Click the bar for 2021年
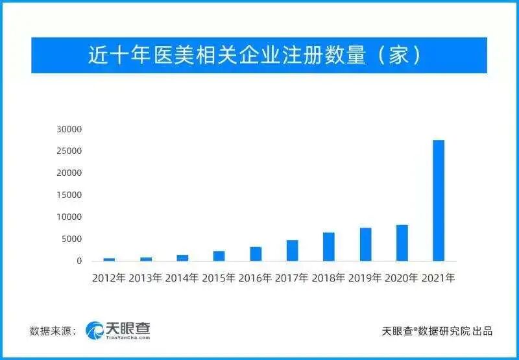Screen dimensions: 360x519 click(x=439, y=200)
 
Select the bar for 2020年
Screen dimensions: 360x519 click(x=402, y=243)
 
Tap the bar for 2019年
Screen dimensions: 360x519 click(x=366, y=245)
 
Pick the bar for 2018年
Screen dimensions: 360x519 click(x=329, y=246)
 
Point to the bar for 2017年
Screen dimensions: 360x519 click(x=293, y=250)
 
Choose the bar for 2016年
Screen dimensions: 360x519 click(x=256, y=254)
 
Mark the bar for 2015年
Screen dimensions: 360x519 click(x=219, y=256)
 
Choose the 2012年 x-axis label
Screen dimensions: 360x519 click(x=109, y=278)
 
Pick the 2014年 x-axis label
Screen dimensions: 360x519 click(x=182, y=278)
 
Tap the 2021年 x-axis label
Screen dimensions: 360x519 click(x=439, y=278)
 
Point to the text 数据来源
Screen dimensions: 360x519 click(x=52, y=331)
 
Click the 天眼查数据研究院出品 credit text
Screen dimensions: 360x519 click(x=437, y=331)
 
